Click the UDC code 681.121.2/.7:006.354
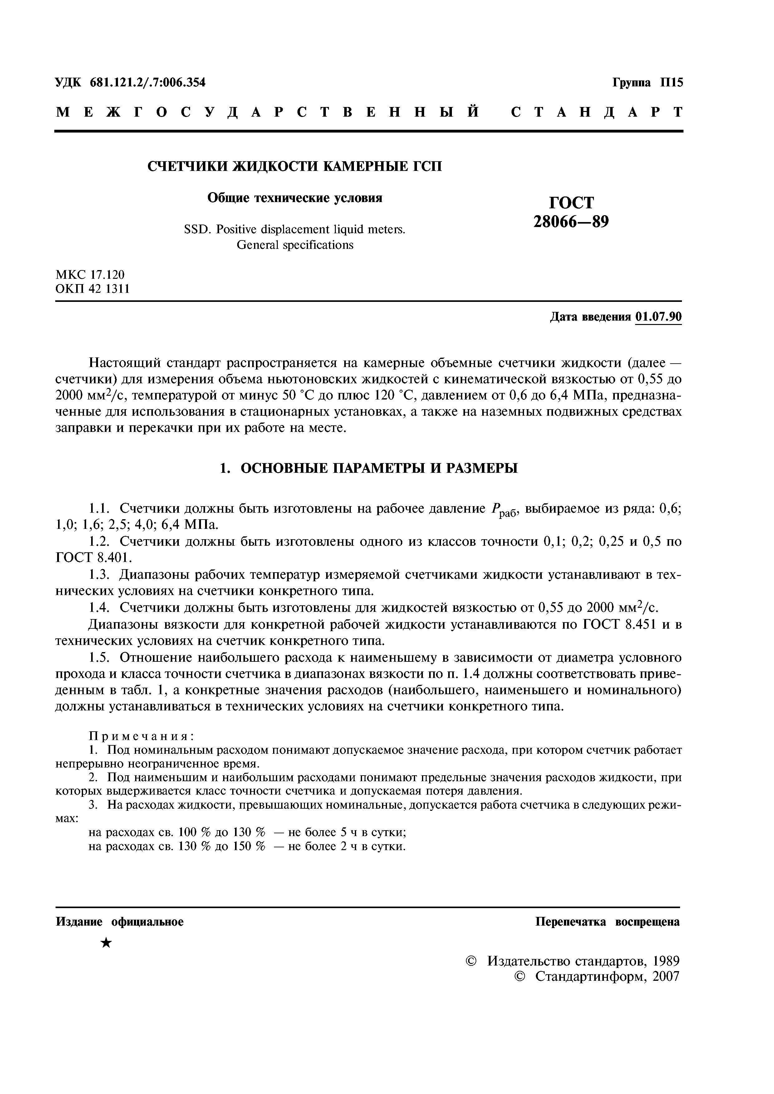[x=147, y=82]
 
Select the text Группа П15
[x=647, y=82]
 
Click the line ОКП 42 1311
[x=92, y=289]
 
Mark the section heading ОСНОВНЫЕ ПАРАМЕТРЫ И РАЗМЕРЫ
[x=379, y=468]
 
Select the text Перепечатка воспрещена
[x=608, y=922]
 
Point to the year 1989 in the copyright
[x=666, y=961]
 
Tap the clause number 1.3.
[x=100, y=575]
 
